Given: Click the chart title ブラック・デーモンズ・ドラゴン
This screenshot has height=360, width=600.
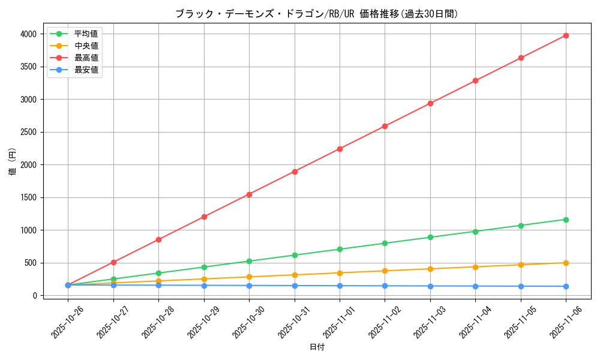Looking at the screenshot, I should tap(316, 14).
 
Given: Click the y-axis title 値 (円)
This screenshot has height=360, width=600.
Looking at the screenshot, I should tap(13, 163).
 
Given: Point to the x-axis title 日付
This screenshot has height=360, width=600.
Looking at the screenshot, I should tap(316, 347).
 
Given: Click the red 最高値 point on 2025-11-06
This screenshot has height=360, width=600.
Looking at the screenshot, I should tap(566, 35).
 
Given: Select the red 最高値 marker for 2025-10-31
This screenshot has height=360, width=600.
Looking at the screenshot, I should tap(295, 172).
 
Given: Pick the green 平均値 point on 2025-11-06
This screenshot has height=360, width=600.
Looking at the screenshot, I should tap(566, 220).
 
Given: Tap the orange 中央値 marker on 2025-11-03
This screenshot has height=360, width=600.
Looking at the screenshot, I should tap(430, 269).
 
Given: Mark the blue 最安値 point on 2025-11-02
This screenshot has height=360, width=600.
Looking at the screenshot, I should tap(385, 286).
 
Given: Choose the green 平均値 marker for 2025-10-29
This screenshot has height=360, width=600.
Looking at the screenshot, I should tap(204, 267).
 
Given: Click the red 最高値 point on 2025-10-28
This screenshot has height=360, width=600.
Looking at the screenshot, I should tap(158, 239).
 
